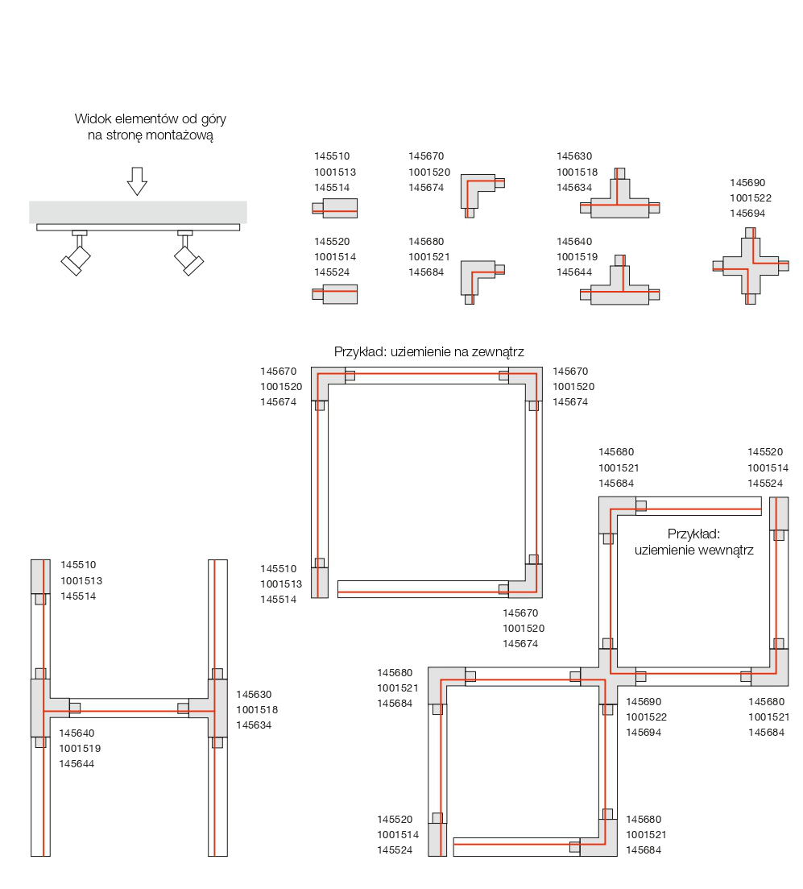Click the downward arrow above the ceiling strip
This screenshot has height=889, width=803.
point(137,181)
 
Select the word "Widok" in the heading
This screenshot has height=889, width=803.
point(91,118)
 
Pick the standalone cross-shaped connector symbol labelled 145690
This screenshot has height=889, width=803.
point(751,265)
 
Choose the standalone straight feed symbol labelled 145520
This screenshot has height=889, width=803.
point(336,294)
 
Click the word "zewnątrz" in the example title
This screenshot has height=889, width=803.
point(499,352)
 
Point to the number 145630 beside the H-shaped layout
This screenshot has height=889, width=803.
point(254,694)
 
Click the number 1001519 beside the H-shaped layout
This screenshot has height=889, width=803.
point(80,748)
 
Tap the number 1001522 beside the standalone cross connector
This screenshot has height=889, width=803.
point(751,197)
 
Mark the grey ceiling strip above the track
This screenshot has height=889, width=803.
point(138,212)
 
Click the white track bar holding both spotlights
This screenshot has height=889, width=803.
point(138,227)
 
